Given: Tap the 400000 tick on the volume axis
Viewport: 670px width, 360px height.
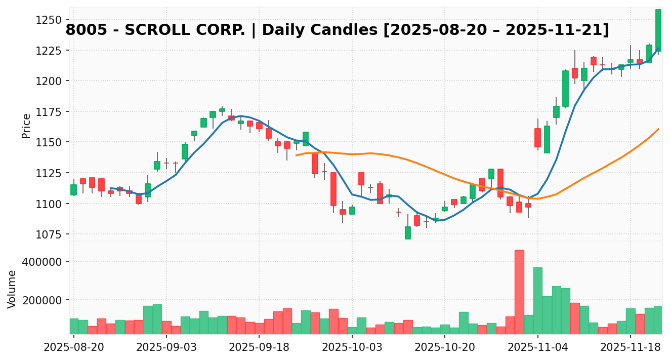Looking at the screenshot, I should [x=43, y=262].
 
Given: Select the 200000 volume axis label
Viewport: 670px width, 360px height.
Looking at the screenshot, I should [x=43, y=300].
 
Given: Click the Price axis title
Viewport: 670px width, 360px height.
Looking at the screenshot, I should [x=26, y=126].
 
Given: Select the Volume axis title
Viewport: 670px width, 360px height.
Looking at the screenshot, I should [x=12, y=289].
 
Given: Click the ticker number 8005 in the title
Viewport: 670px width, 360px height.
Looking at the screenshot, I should [x=86, y=30].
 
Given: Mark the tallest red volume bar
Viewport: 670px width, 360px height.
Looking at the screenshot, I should [x=519, y=292].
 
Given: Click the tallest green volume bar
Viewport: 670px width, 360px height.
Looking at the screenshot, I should [x=537, y=300].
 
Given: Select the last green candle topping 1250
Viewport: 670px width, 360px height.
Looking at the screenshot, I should [x=658, y=30].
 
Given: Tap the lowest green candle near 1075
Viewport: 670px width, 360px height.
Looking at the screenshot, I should [x=408, y=233].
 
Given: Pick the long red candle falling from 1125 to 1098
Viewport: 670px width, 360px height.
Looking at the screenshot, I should [x=333, y=189].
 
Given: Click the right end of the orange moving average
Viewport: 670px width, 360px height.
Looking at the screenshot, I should [x=658, y=129].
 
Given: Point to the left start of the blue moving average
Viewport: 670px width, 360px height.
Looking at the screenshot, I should [x=111, y=188].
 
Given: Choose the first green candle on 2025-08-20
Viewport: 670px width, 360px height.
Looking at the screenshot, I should [x=73, y=190].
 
